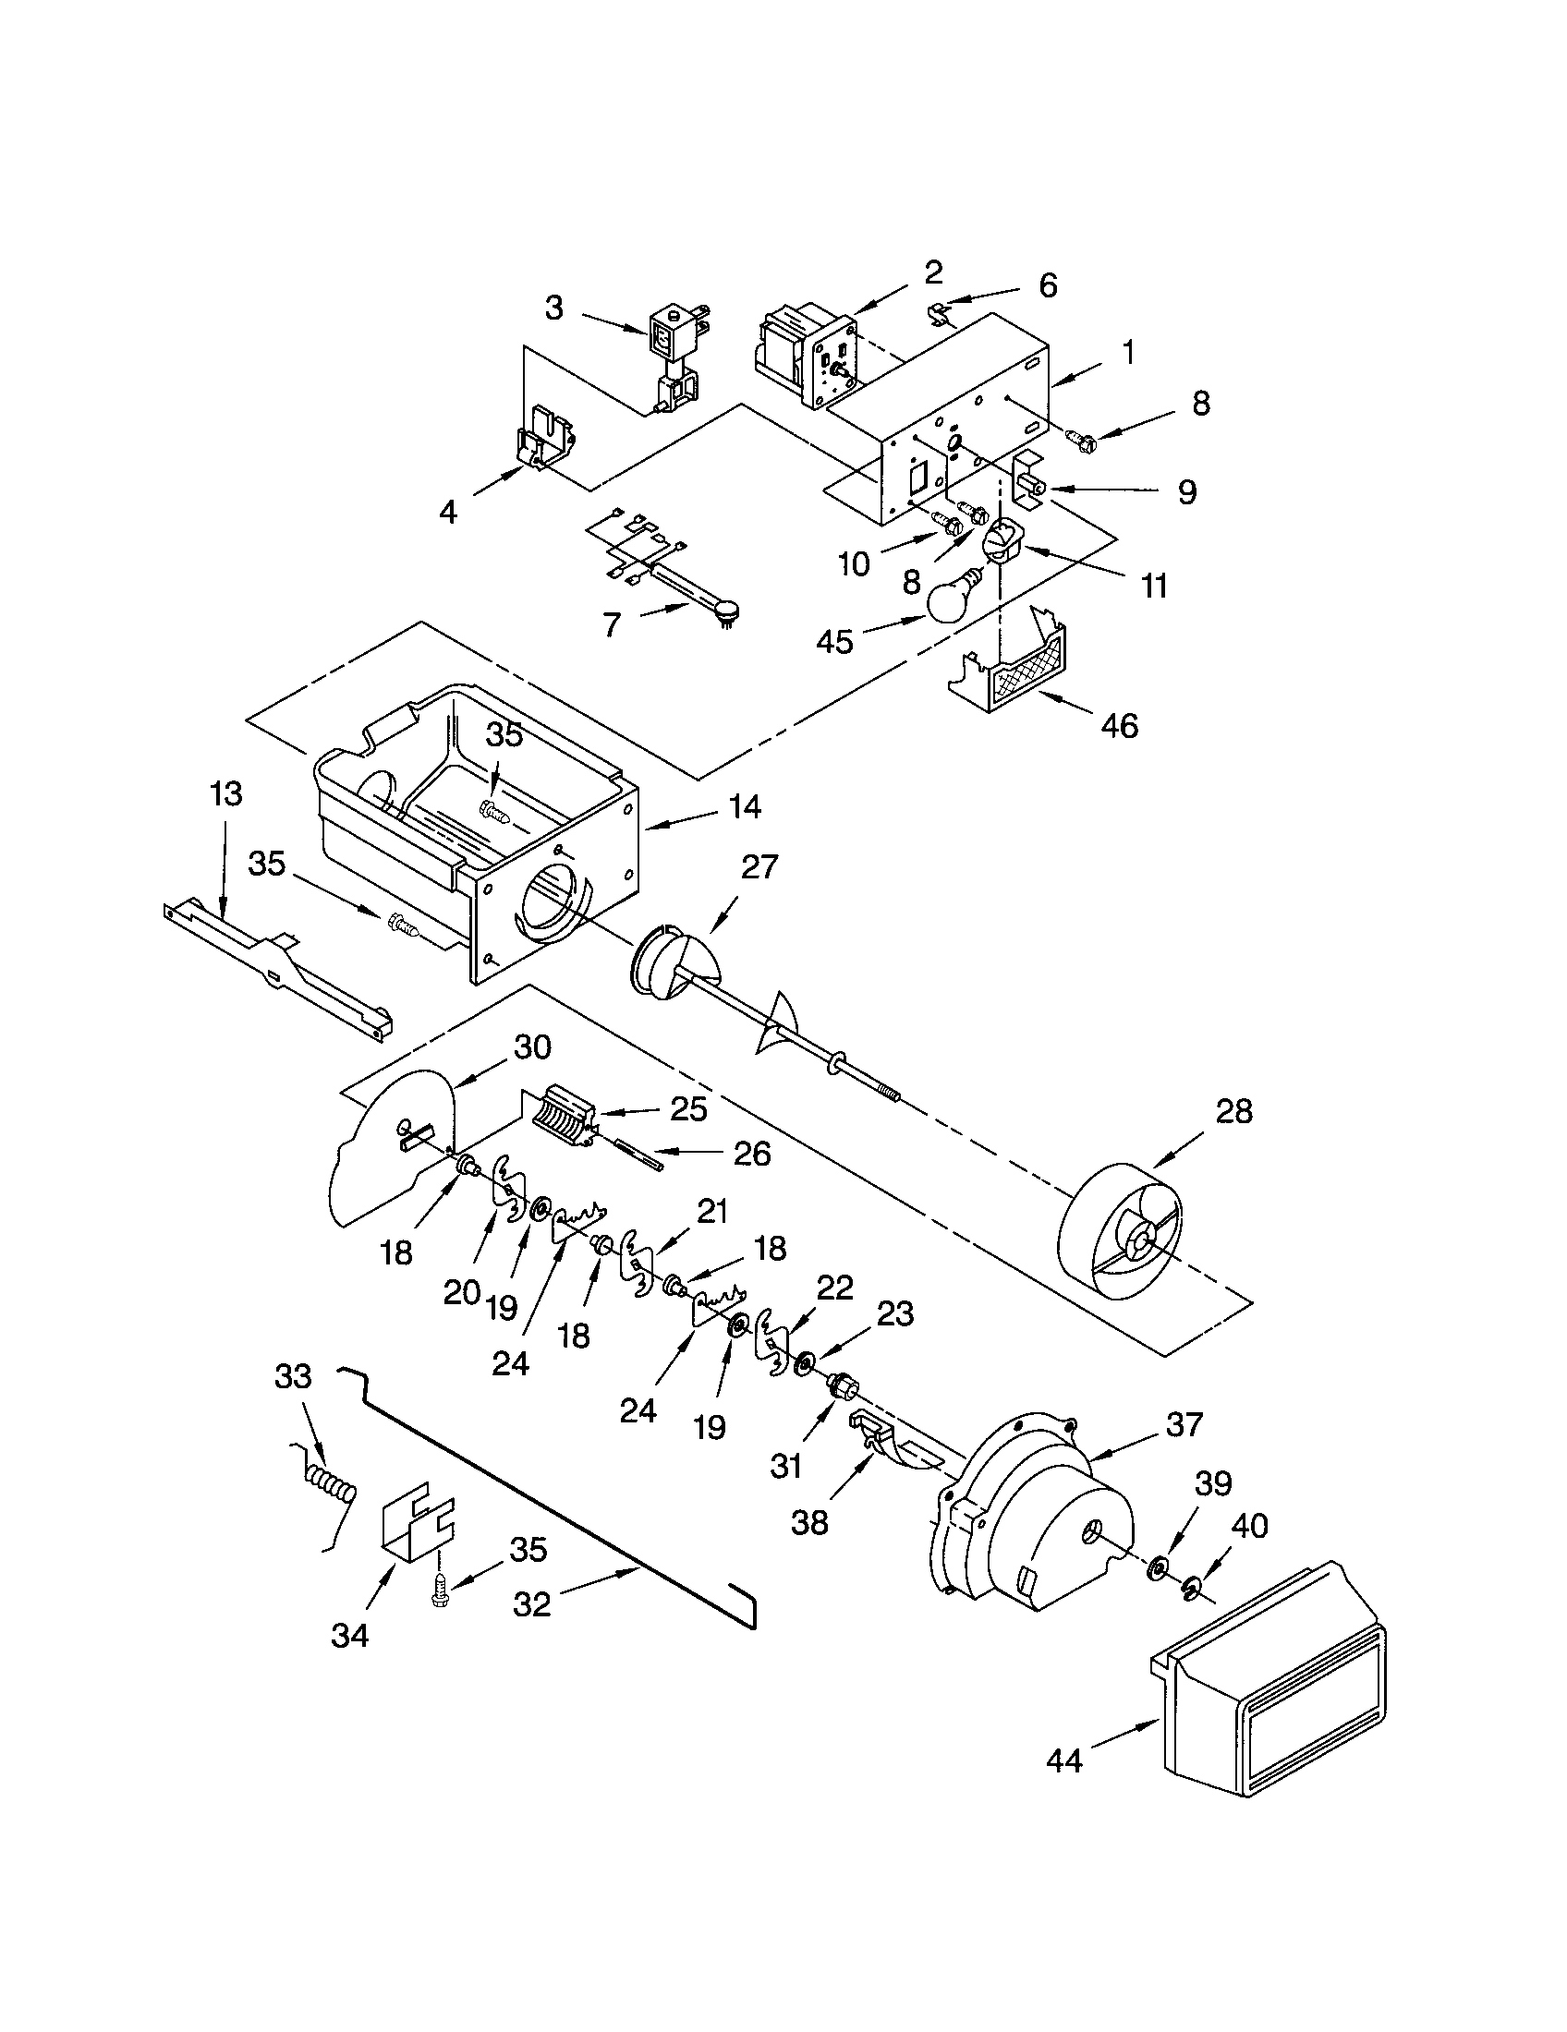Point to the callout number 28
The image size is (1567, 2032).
coord(1233,1112)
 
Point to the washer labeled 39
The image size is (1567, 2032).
coord(1160,1569)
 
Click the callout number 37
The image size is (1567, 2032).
coord(1184,1423)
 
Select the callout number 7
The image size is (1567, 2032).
coord(611,624)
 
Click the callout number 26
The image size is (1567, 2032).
coord(752,1154)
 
